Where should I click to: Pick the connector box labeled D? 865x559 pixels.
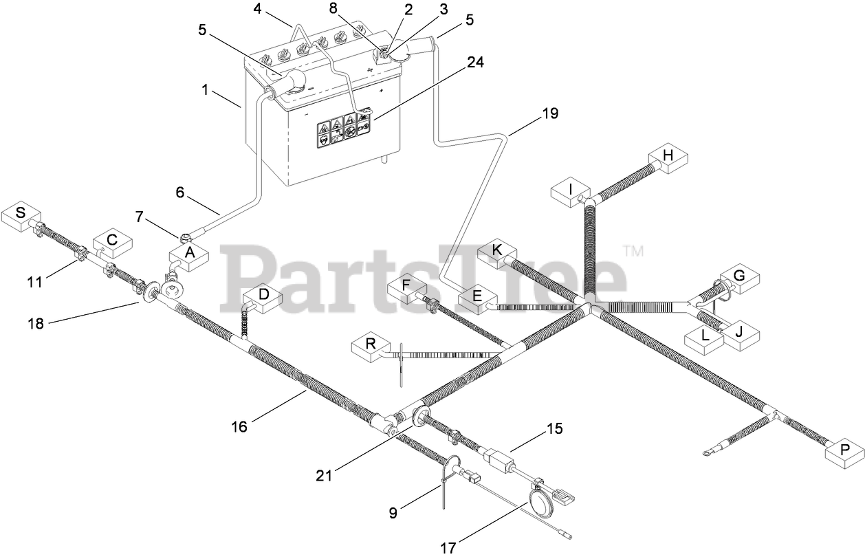pos(263,296)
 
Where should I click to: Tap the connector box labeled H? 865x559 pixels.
pos(667,157)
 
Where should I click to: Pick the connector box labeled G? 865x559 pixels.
pos(739,277)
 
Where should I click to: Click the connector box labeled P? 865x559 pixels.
pos(844,452)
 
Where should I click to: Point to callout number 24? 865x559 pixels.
pos(475,63)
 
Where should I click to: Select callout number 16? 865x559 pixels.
pos(239,427)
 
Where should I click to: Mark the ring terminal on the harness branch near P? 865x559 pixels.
pos(706,452)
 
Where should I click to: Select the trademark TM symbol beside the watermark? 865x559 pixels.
pos(633,252)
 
